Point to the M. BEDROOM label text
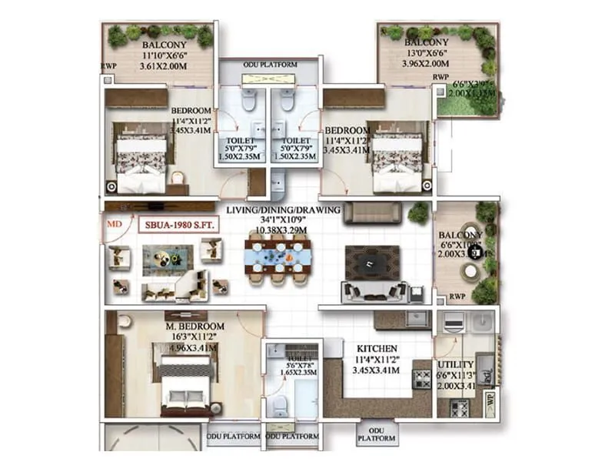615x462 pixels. pyautogui.click(x=194, y=326)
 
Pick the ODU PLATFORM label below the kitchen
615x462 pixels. pyautogui.click(x=376, y=434)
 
